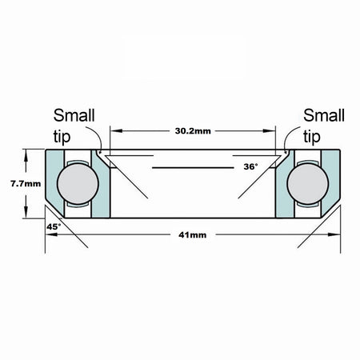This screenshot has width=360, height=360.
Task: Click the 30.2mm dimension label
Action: click(x=193, y=131)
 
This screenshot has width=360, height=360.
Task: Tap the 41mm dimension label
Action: click(x=193, y=235)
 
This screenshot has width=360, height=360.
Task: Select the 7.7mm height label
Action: click(x=26, y=183)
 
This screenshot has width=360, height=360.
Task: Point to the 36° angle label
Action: click(x=250, y=166)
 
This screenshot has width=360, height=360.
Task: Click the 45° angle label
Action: click(x=54, y=226)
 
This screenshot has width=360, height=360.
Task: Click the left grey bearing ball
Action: click(x=78, y=183)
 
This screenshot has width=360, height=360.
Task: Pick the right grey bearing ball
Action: click(x=308, y=183)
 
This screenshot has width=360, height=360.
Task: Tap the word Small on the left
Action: click(x=74, y=115)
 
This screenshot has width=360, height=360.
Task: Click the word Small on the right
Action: click(x=324, y=115)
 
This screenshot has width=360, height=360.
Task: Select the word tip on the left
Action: click(x=62, y=137)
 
